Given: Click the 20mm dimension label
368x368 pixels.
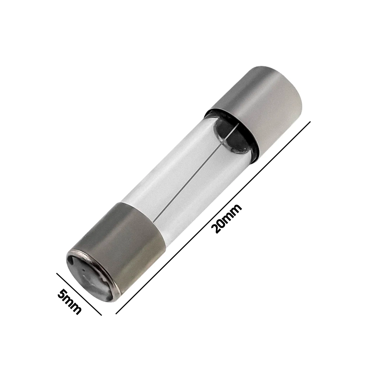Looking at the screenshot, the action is coord(226,218).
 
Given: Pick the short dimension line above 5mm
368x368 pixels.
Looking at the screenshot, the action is coord(79,293).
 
